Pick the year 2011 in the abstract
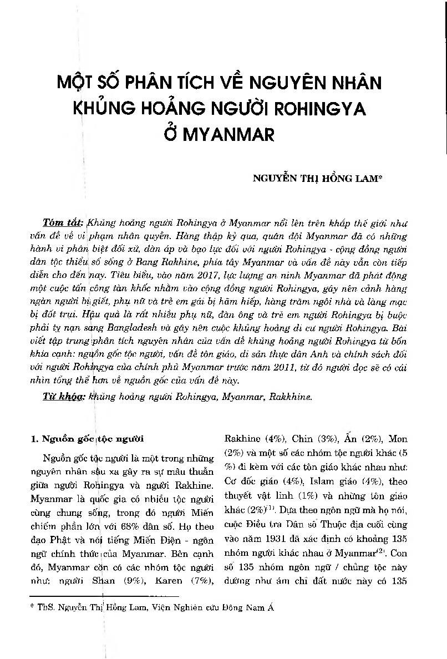[x=290, y=368]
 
